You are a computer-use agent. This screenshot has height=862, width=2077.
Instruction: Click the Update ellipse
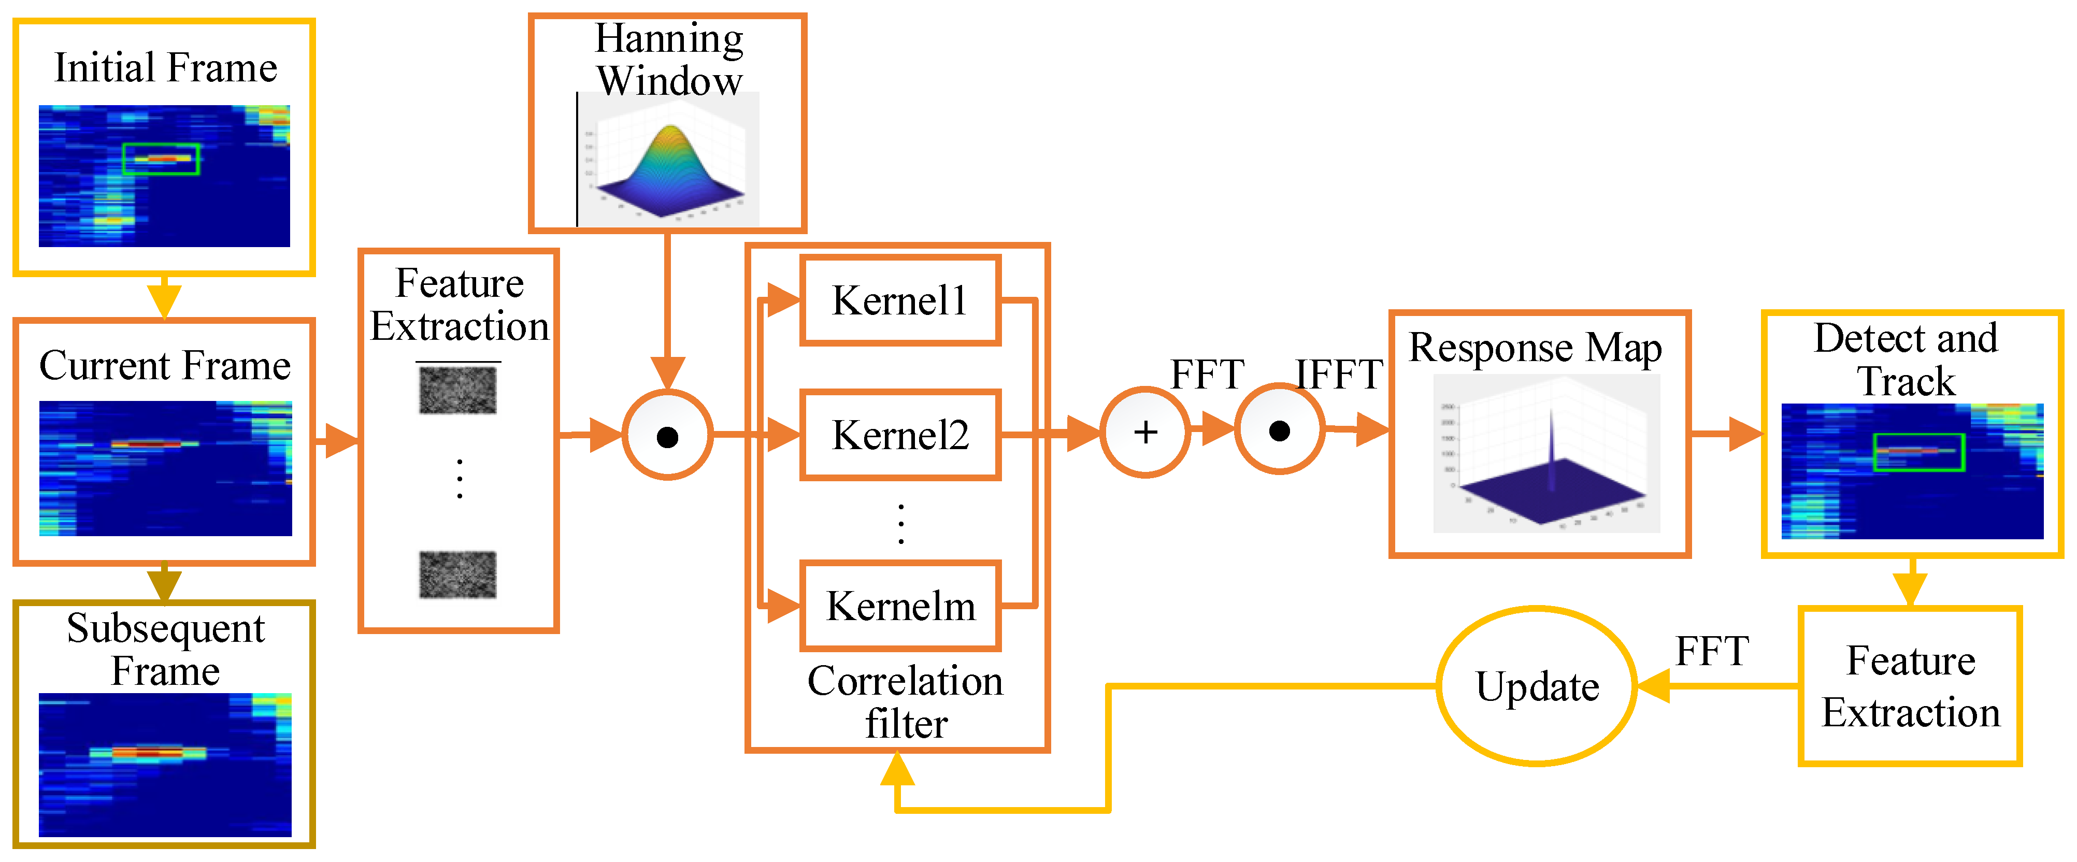1536,686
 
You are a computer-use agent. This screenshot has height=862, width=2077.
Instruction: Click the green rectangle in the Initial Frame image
161,159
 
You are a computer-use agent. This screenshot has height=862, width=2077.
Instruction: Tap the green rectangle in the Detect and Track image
1918,452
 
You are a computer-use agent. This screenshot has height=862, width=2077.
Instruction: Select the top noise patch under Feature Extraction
457,390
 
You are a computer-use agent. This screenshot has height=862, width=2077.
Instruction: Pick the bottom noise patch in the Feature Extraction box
457,574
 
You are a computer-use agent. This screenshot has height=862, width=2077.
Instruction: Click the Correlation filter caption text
905,701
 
